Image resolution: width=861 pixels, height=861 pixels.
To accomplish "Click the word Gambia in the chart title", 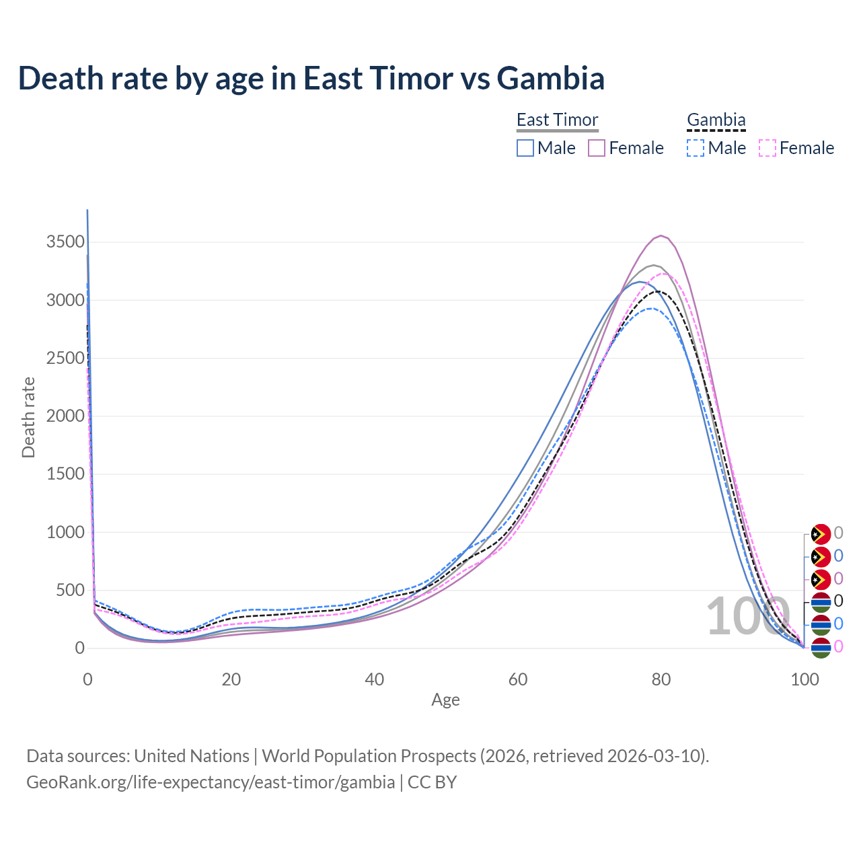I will pyautogui.click(x=550, y=78).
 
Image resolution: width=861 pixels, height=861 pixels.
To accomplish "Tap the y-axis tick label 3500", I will pyautogui.click(x=65, y=242).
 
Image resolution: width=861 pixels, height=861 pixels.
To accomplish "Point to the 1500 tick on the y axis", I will pyautogui.click(x=65, y=474).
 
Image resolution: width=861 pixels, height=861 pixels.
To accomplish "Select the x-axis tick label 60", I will pyautogui.click(x=518, y=679).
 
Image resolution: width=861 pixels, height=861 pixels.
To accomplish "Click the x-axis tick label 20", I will pyautogui.click(x=231, y=679).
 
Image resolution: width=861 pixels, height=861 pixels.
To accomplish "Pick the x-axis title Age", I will pyautogui.click(x=445, y=700).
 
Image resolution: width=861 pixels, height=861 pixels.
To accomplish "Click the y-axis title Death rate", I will pyautogui.click(x=28, y=417).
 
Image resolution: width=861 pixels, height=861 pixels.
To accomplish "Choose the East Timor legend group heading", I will pyautogui.click(x=557, y=120).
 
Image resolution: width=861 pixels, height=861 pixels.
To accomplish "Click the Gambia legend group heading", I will pyautogui.click(x=716, y=120).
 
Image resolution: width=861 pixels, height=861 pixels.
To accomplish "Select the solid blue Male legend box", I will pyautogui.click(x=525, y=148).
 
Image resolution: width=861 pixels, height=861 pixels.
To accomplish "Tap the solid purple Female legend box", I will pyautogui.click(x=597, y=148).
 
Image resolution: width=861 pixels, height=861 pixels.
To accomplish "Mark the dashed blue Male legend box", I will pyautogui.click(x=696, y=148).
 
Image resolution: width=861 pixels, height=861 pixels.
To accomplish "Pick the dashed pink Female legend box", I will pyautogui.click(x=768, y=148).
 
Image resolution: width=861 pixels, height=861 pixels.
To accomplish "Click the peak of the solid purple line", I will pyautogui.click(x=662, y=235).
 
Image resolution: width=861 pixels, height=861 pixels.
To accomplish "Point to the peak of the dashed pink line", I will pyautogui.click(x=664, y=273).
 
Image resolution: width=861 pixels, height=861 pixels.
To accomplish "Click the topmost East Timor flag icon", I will pyautogui.click(x=821, y=534).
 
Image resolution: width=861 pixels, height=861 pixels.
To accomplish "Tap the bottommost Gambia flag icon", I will pyautogui.click(x=821, y=647).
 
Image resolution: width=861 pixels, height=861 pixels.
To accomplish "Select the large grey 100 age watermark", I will pyautogui.click(x=747, y=616).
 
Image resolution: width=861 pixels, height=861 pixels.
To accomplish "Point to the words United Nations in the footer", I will pyautogui.click(x=192, y=756).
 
